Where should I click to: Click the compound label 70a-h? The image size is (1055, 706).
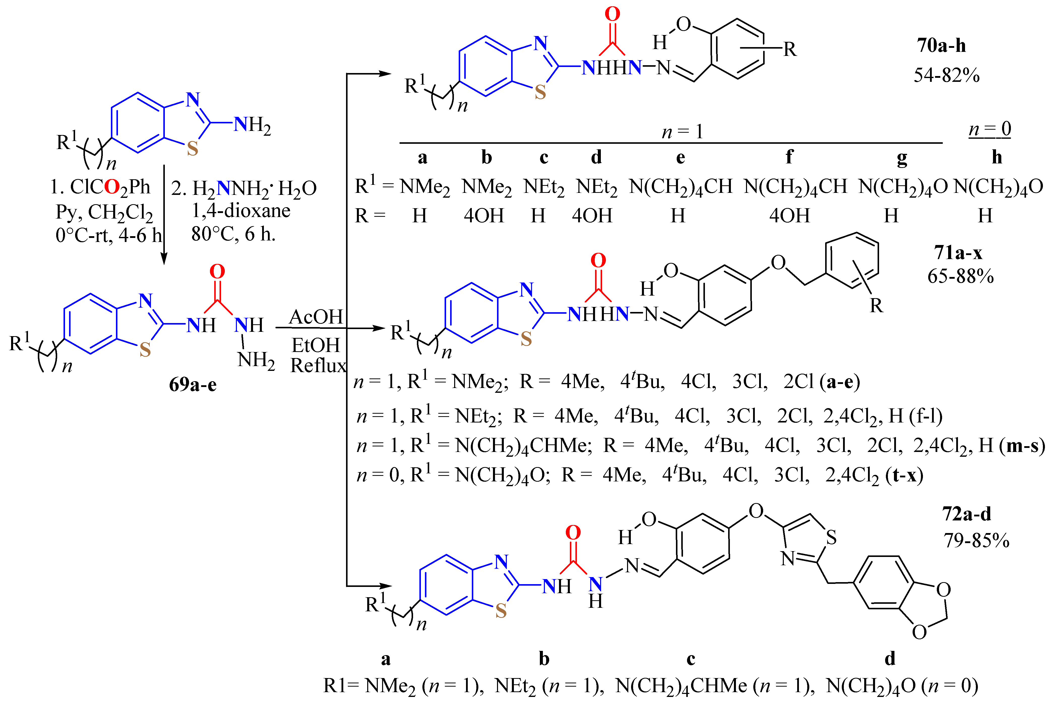click(941, 46)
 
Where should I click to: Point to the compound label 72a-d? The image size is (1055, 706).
click(967, 514)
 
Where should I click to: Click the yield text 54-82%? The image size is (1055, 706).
click(946, 75)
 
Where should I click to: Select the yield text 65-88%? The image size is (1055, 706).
click(960, 276)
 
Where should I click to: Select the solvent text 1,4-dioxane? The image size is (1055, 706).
click(241, 211)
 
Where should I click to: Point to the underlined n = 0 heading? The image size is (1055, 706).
click(990, 129)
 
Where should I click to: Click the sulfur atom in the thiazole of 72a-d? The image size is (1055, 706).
click(831, 537)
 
